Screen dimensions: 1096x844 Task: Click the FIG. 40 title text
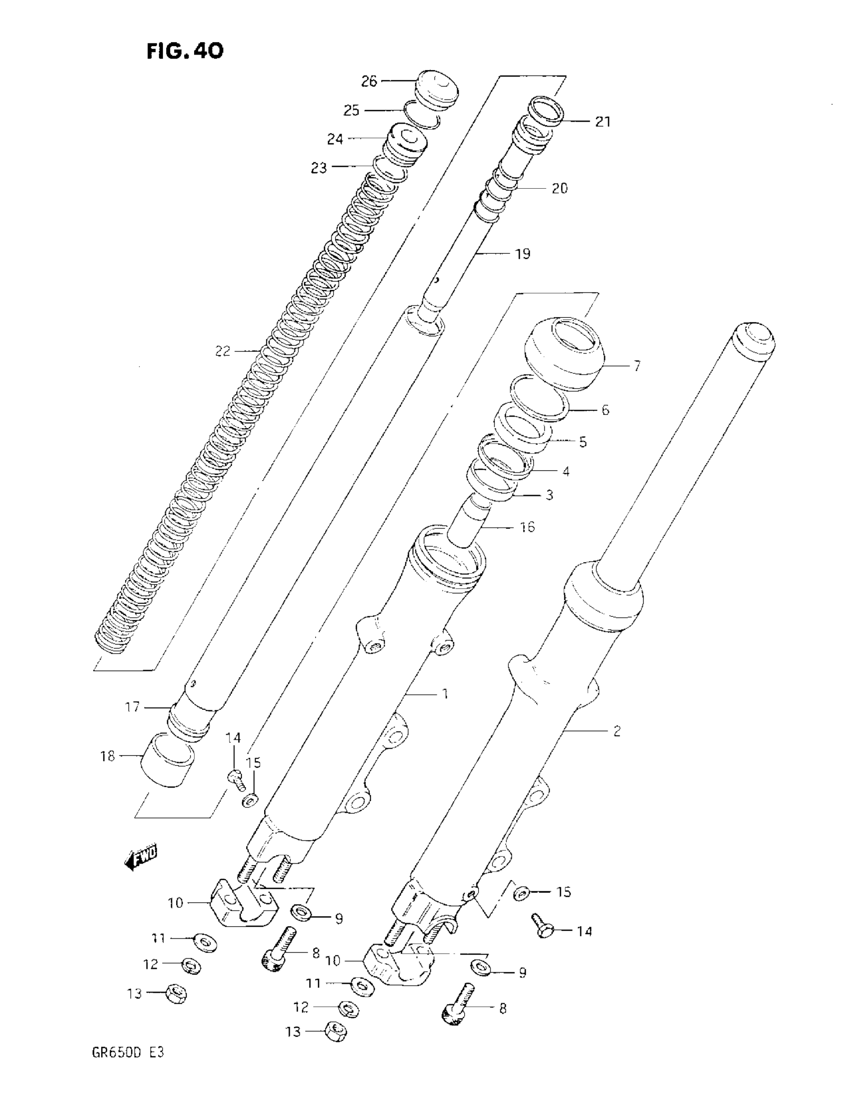pyautogui.click(x=185, y=51)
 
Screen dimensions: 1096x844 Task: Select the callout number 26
pyautogui.click(x=369, y=81)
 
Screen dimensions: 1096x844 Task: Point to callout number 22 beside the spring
pyautogui.click(x=222, y=351)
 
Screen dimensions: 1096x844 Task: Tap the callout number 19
pyautogui.click(x=522, y=254)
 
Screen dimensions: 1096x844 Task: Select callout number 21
pyautogui.click(x=603, y=122)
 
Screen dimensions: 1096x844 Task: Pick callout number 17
pyautogui.click(x=132, y=707)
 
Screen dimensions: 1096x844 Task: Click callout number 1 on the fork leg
pyautogui.click(x=444, y=694)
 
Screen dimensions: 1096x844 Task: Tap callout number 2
pyautogui.click(x=617, y=731)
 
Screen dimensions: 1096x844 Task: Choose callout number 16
pyautogui.click(x=527, y=527)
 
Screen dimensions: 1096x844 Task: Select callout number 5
pyautogui.click(x=582, y=442)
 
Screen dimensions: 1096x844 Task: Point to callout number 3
pyautogui.click(x=550, y=495)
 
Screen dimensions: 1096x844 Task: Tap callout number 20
pyautogui.click(x=560, y=188)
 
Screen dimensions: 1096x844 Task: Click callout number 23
pyautogui.click(x=319, y=168)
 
